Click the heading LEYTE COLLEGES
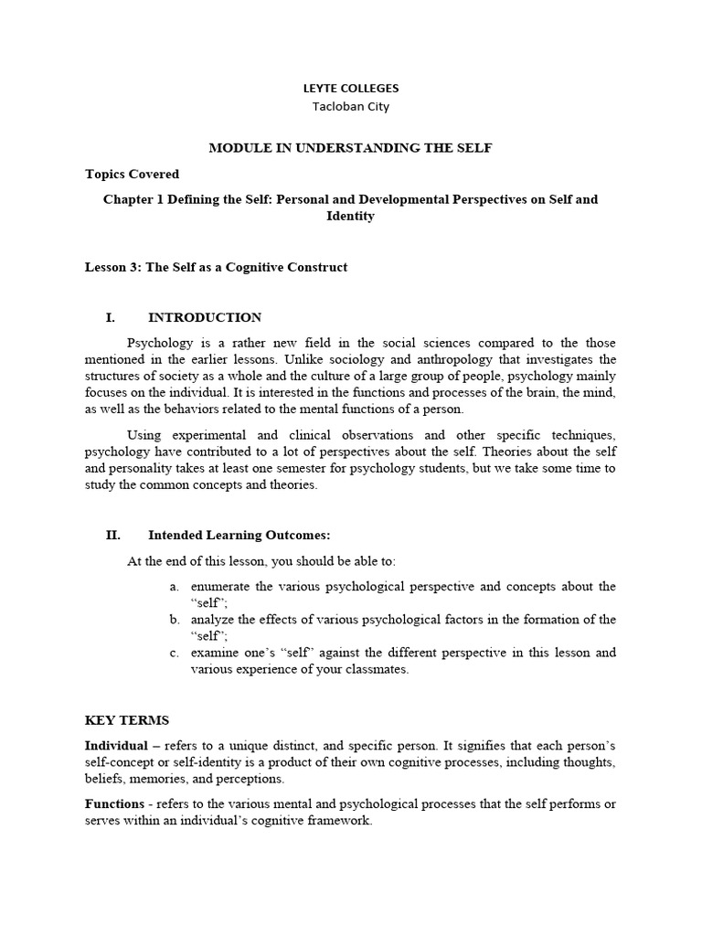point(351,89)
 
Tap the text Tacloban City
point(351,106)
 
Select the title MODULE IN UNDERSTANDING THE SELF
point(351,148)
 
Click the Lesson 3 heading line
point(216,267)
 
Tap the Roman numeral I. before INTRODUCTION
point(111,317)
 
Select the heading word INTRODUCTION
point(204,317)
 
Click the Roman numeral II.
point(112,535)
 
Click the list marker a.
point(174,586)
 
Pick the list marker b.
point(174,620)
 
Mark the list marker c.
point(174,653)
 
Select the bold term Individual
point(116,746)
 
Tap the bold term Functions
point(114,803)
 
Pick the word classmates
point(376,669)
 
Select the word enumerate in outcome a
point(222,586)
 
